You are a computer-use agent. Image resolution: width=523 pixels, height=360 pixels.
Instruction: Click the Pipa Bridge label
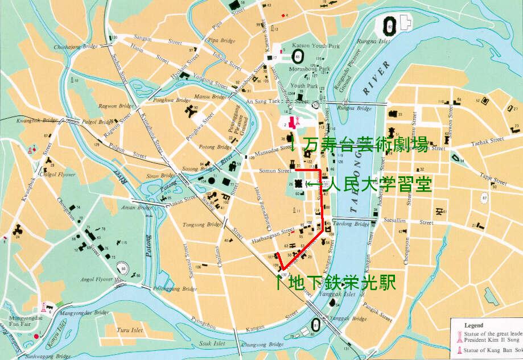[x=223, y=40]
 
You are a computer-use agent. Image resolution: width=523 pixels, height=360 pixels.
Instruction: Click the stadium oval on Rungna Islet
[x=390, y=23]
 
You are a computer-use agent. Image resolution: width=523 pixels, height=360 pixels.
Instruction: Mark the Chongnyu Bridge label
[x=262, y=345]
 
